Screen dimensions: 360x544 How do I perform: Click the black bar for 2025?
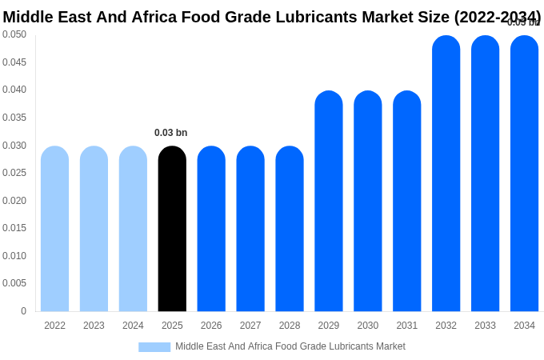pyautogui.click(x=172, y=229)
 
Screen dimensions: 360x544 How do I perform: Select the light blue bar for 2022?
pyautogui.click(x=54, y=229)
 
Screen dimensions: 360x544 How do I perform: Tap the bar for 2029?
pyautogui.click(x=329, y=201)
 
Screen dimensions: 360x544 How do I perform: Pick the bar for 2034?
pyautogui.click(x=524, y=174)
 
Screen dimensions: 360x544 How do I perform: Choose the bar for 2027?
pyautogui.click(x=250, y=229)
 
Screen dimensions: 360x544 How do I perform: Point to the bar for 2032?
pyautogui.click(x=446, y=174)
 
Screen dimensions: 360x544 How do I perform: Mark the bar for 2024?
pyautogui.click(x=133, y=229)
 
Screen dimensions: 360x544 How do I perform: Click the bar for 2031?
pyautogui.click(x=407, y=201)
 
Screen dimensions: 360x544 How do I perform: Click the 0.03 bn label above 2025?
pyautogui.click(x=171, y=133)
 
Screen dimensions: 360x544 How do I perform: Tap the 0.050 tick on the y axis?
pyautogui.click(x=14, y=34)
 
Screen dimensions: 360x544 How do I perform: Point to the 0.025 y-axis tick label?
pyautogui.click(x=14, y=173)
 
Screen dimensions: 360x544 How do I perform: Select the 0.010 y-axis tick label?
pyautogui.click(x=14, y=256)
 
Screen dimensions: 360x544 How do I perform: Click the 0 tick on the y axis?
pyautogui.click(x=23, y=311)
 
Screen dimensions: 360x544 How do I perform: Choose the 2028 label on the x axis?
pyautogui.click(x=290, y=326)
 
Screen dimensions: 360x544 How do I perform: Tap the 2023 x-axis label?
pyautogui.click(x=94, y=326)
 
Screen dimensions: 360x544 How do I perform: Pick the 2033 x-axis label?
pyautogui.click(x=485, y=326)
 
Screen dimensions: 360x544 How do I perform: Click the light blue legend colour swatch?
pyautogui.click(x=154, y=347)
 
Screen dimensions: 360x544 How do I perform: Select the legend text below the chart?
pyautogui.click(x=290, y=346)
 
